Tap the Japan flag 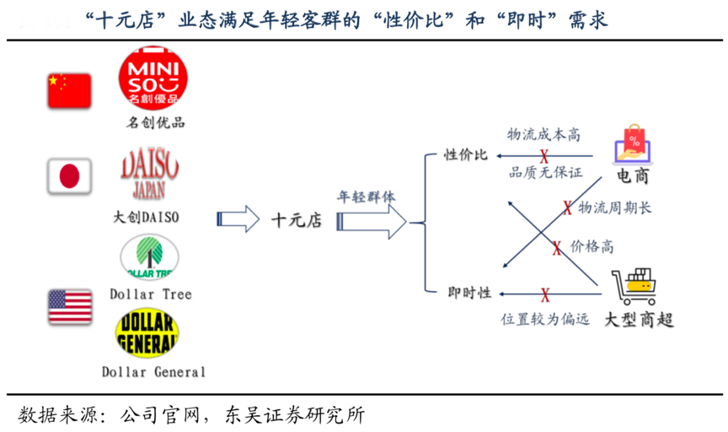[x=68, y=176]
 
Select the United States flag [x=69, y=307]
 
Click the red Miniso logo [x=153, y=78]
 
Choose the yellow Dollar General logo [x=148, y=332]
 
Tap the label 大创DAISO [x=147, y=217]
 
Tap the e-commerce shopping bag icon [x=632, y=144]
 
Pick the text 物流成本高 [x=543, y=135]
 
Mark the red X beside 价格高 [x=556, y=248]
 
